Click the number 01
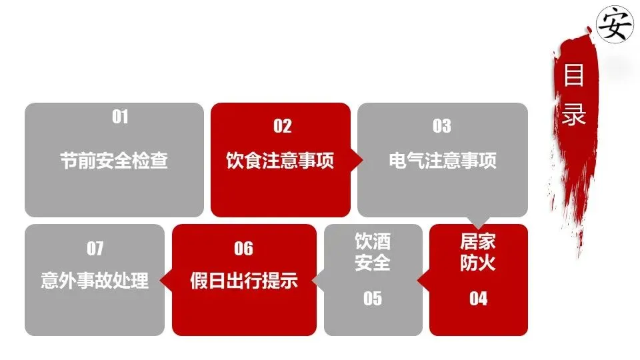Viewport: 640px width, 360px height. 120,117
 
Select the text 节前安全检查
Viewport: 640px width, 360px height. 114,161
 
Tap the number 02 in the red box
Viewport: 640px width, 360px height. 283,126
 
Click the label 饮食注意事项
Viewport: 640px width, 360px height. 280,161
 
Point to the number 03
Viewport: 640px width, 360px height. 441,126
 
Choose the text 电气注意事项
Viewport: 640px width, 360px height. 443,161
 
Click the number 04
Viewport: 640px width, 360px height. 478,299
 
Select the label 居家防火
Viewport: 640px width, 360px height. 478,252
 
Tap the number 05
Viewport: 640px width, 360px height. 373,299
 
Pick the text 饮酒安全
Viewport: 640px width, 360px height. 372,252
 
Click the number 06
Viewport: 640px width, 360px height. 244,249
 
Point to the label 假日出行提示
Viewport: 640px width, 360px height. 243,281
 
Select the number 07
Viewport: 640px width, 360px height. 95,249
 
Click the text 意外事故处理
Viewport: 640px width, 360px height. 95,281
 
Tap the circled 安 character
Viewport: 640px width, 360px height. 614,25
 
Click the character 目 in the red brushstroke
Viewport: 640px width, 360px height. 574,75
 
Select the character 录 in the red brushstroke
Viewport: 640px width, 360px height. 574,113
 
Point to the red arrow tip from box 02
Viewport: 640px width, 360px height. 358,160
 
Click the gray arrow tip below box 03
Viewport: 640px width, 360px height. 478,222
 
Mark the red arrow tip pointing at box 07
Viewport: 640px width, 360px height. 167,281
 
